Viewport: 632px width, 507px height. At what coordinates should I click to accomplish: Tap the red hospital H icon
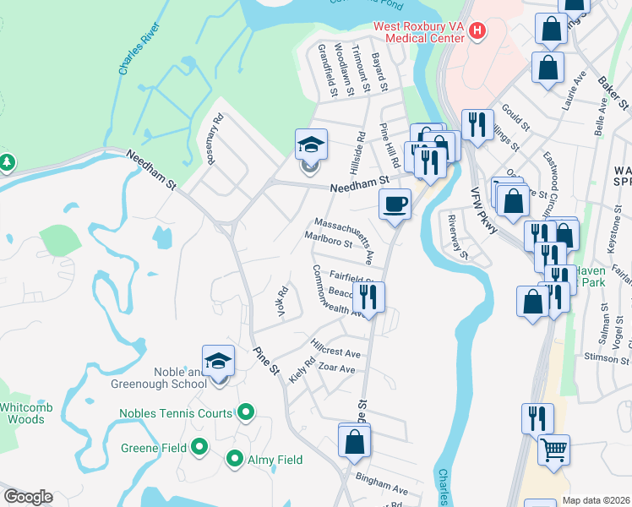477,32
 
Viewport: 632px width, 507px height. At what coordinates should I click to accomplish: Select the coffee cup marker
395,204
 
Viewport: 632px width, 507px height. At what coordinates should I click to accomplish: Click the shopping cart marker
553,449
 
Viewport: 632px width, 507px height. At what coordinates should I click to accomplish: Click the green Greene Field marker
199,445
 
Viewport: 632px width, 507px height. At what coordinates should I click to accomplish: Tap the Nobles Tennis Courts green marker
246,412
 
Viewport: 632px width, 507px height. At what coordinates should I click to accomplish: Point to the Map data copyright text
597,500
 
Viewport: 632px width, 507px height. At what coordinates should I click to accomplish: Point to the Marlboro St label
328,239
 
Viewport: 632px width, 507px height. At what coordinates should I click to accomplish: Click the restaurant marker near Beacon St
369,296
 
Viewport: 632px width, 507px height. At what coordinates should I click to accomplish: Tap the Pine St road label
264,359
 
